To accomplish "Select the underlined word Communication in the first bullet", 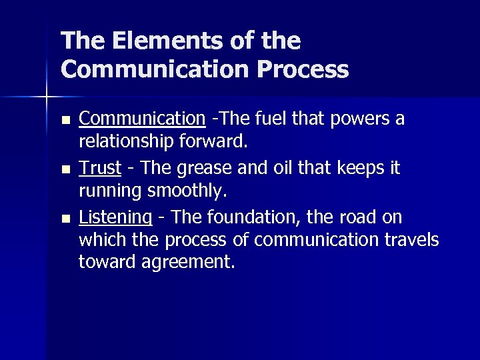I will coord(142,119).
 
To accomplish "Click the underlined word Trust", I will coord(100,168).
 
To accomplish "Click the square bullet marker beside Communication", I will coord(65,120).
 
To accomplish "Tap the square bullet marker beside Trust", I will coord(65,169).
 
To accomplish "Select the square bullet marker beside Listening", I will coord(65,219).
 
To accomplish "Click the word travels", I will coord(410,240).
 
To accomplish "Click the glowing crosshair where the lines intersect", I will coord(46,97).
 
